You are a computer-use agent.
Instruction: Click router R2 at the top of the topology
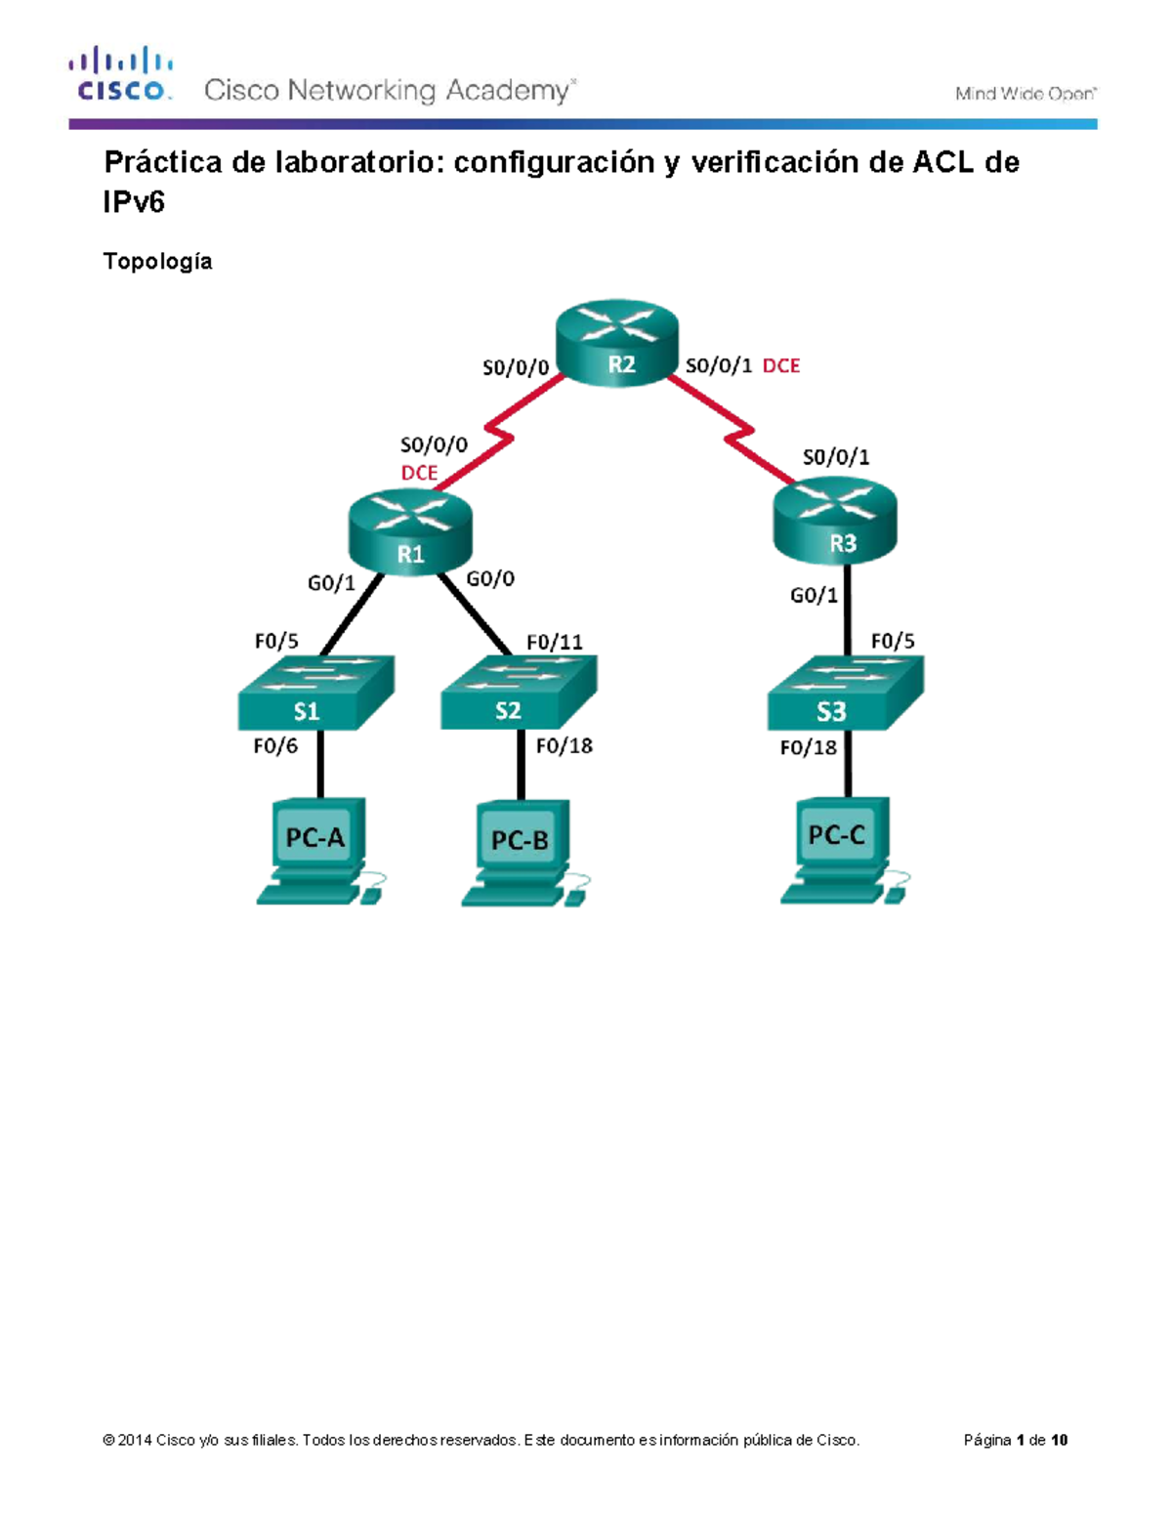pyautogui.click(x=616, y=344)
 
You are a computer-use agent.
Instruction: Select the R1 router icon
pyautogui.click(x=410, y=533)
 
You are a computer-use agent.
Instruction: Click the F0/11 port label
pyautogui.click(x=554, y=642)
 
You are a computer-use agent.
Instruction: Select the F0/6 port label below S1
pyautogui.click(x=275, y=746)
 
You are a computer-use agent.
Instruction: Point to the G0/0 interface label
pyautogui.click(x=490, y=579)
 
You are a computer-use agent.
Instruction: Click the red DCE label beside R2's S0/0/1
pyautogui.click(x=780, y=365)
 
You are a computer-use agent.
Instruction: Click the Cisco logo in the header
pyautogui.click(x=120, y=74)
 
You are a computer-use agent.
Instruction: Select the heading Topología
pyautogui.click(x=157, y=261)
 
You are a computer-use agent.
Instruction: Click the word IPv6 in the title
pyautogui.click(x=134, y=202)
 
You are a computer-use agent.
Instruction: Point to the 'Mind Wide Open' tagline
pyautogui.click(x=1025, y=94)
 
